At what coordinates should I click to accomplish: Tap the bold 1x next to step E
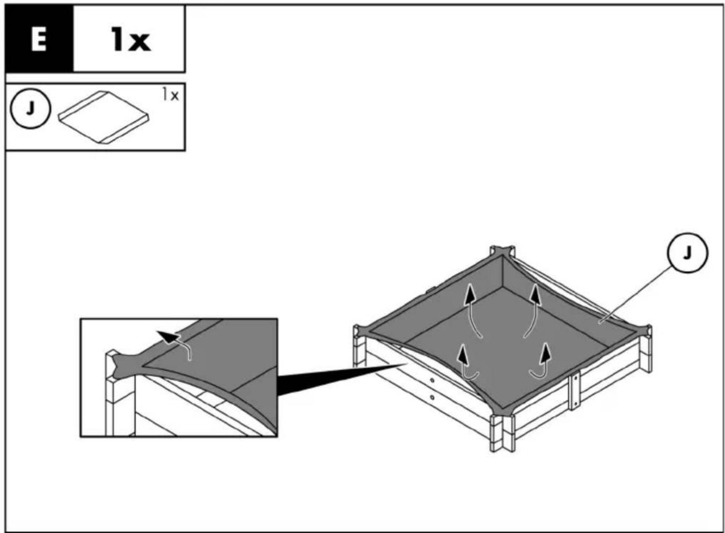tap(130, 39)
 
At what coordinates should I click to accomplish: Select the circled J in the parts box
tap(30, 108)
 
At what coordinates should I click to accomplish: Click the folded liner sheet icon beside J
tap(104, 116)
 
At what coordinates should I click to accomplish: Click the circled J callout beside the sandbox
tap(687, 253)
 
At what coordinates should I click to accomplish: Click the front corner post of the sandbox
tap(502, 432)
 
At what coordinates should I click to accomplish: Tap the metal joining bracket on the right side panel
tap(575, 392)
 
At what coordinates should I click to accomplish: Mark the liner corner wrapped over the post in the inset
tap(126, 366)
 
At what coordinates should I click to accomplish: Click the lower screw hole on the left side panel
tap(432, 397)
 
